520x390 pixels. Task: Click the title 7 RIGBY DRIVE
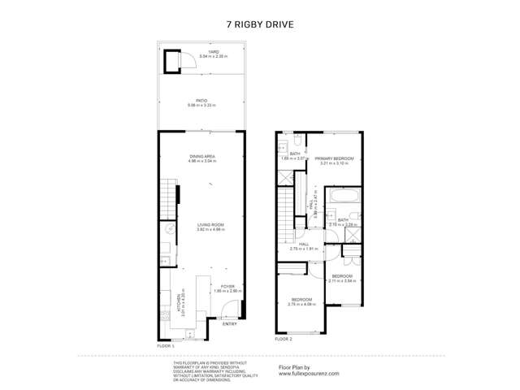coord(260,24)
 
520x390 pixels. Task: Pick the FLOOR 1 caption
coord(166,345)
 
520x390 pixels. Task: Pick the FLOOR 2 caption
coord(283,339)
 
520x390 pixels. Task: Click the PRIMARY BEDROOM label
coord(334,158)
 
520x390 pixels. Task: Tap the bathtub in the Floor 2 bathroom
coord(343,197)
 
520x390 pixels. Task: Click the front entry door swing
coord(231,310)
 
